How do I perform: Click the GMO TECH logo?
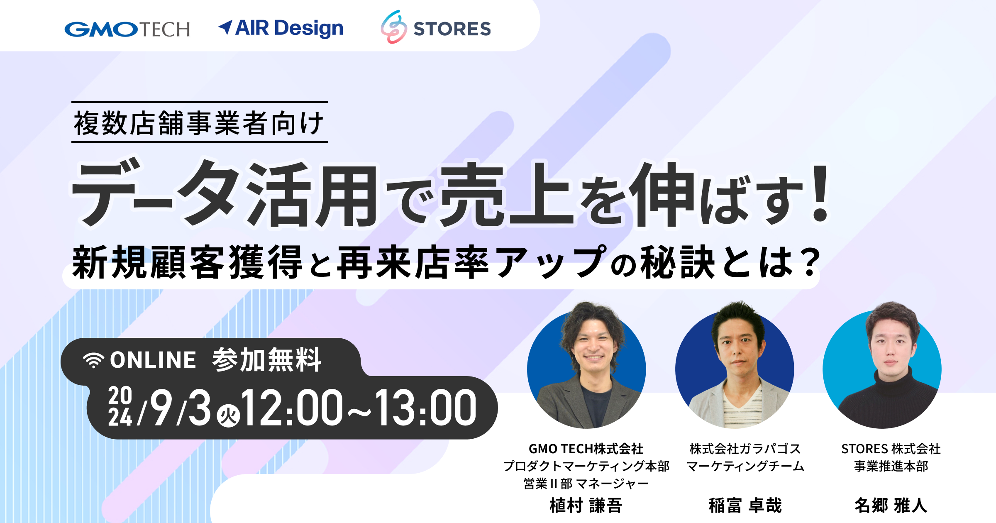127,29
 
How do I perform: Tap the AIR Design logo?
281,28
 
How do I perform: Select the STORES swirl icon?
393,27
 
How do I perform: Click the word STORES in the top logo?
452,29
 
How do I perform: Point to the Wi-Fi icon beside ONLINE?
93,360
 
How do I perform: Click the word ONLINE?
153,360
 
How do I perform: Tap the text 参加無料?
267,359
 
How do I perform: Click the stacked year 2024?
120,407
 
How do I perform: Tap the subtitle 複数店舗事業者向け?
199,123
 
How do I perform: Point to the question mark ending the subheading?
809,262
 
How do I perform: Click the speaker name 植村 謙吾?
586,506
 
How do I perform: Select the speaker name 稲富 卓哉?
745,506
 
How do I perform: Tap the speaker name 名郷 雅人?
891,506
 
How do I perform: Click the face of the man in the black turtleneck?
891,347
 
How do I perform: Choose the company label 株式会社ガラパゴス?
745,449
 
